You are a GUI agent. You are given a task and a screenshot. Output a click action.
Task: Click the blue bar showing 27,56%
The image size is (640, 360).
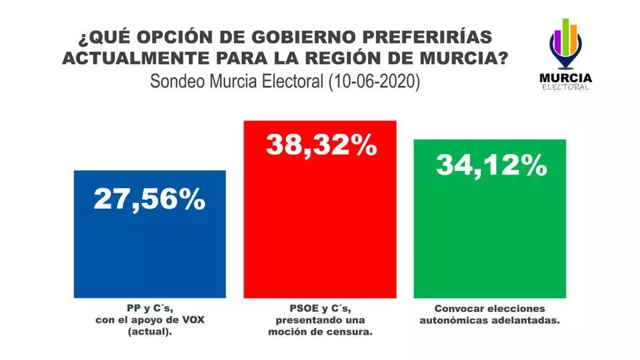click(x=150, y=247)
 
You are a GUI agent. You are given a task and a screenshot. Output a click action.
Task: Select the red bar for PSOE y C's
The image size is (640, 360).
click(x=320, y=225)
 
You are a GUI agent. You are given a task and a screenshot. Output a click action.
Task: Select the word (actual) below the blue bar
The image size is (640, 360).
click(x=150, y=332)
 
